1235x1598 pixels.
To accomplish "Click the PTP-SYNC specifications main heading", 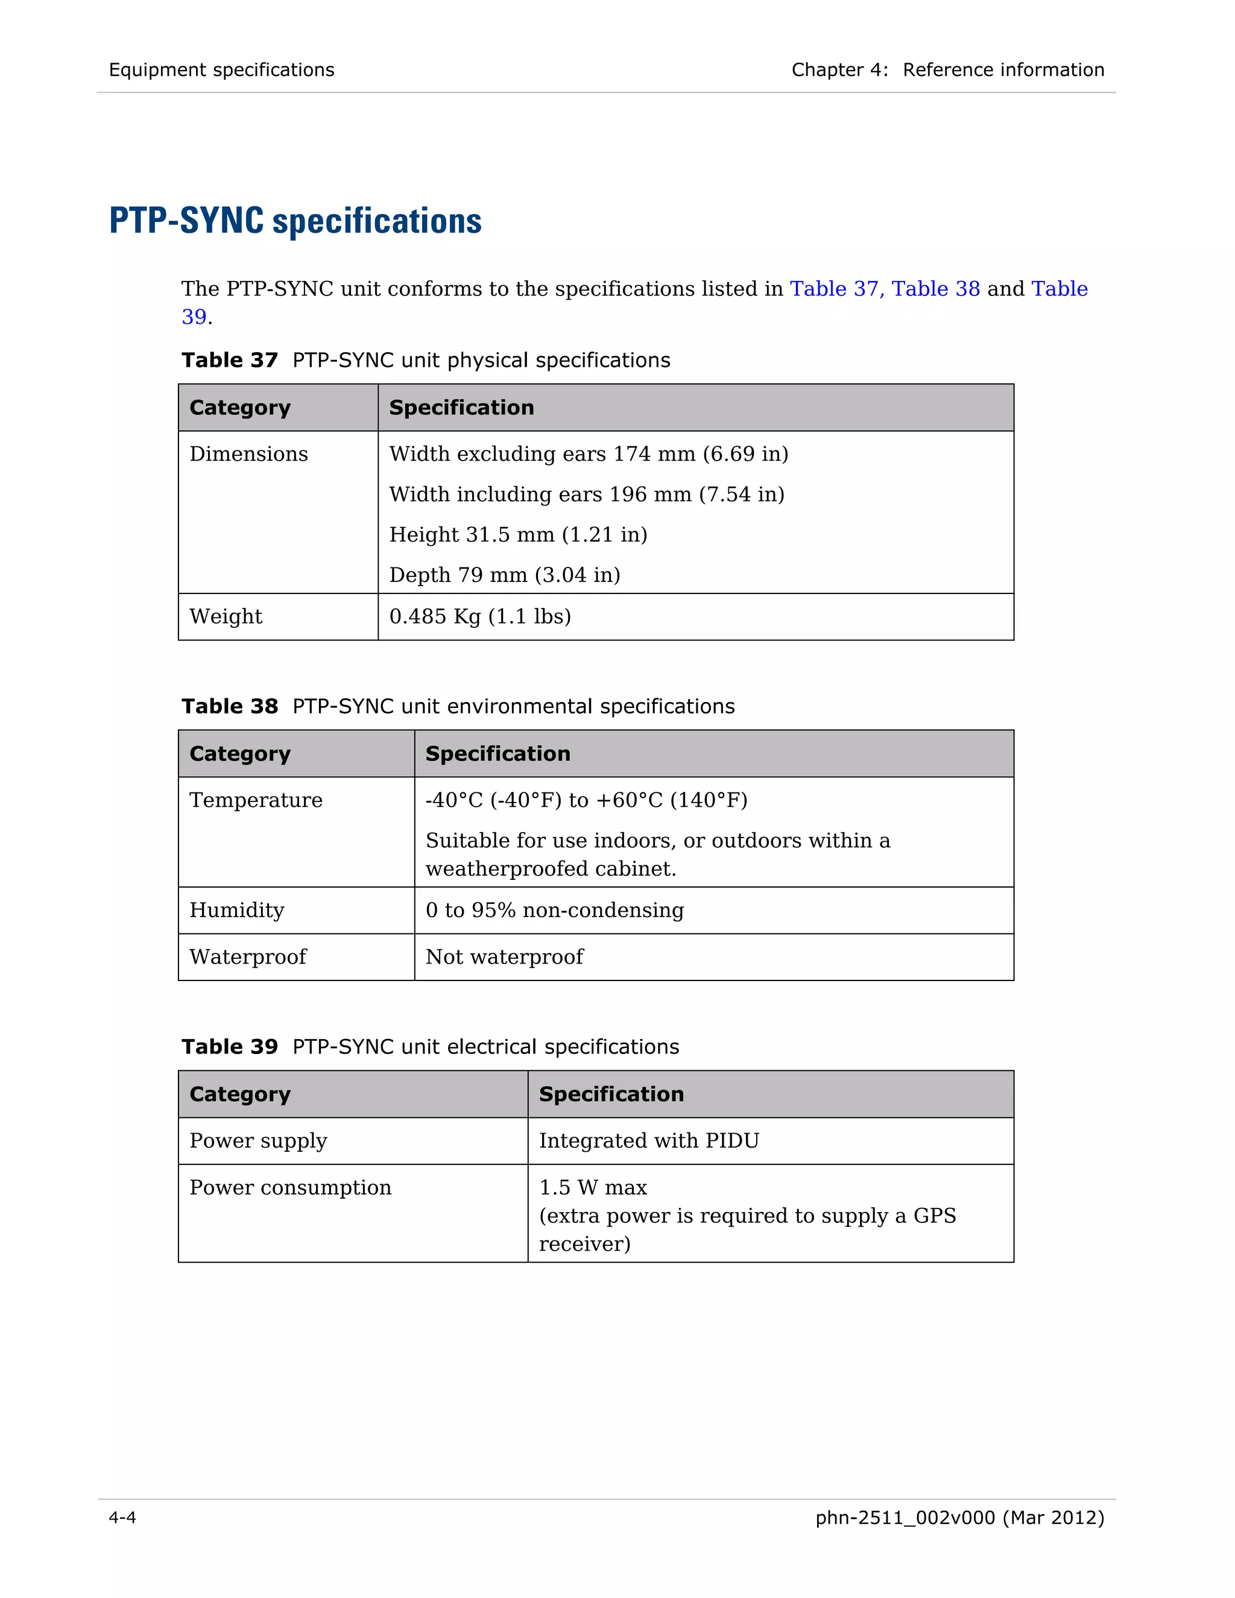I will tap(295, 221).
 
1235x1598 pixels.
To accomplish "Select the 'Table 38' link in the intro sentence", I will tap(935, 289).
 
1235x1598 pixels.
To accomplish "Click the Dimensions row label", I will tap(249, 455).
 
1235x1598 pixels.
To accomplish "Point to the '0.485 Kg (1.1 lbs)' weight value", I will tap(480, 617).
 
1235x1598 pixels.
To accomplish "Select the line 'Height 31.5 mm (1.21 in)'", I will tap(518, 535).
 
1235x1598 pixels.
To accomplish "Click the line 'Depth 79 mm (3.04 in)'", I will tap(505, 575).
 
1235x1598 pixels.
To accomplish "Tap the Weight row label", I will tap(226, 617).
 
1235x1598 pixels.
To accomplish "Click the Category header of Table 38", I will tap(240, 754).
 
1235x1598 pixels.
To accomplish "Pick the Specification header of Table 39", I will tap(611, 1094).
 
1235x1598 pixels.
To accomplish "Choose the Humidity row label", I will tap(237, 910).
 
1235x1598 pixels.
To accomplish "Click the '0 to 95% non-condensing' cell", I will tap(555, 910).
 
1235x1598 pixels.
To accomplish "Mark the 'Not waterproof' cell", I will tap(505, 957).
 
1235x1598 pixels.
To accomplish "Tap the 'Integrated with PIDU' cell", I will tap(649, 1141).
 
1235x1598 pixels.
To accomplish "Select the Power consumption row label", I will tap(291, 1187).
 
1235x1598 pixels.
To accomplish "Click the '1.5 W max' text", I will tap(593, 1187).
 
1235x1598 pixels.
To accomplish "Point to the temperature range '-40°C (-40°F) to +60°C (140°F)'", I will tap(586, 800).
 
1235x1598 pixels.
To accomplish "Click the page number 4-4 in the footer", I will tap(122, 1518).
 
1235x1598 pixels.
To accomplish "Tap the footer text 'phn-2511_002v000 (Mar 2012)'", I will tap(959, 1518).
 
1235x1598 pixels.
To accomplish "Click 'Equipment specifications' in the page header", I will tap(222, 70).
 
